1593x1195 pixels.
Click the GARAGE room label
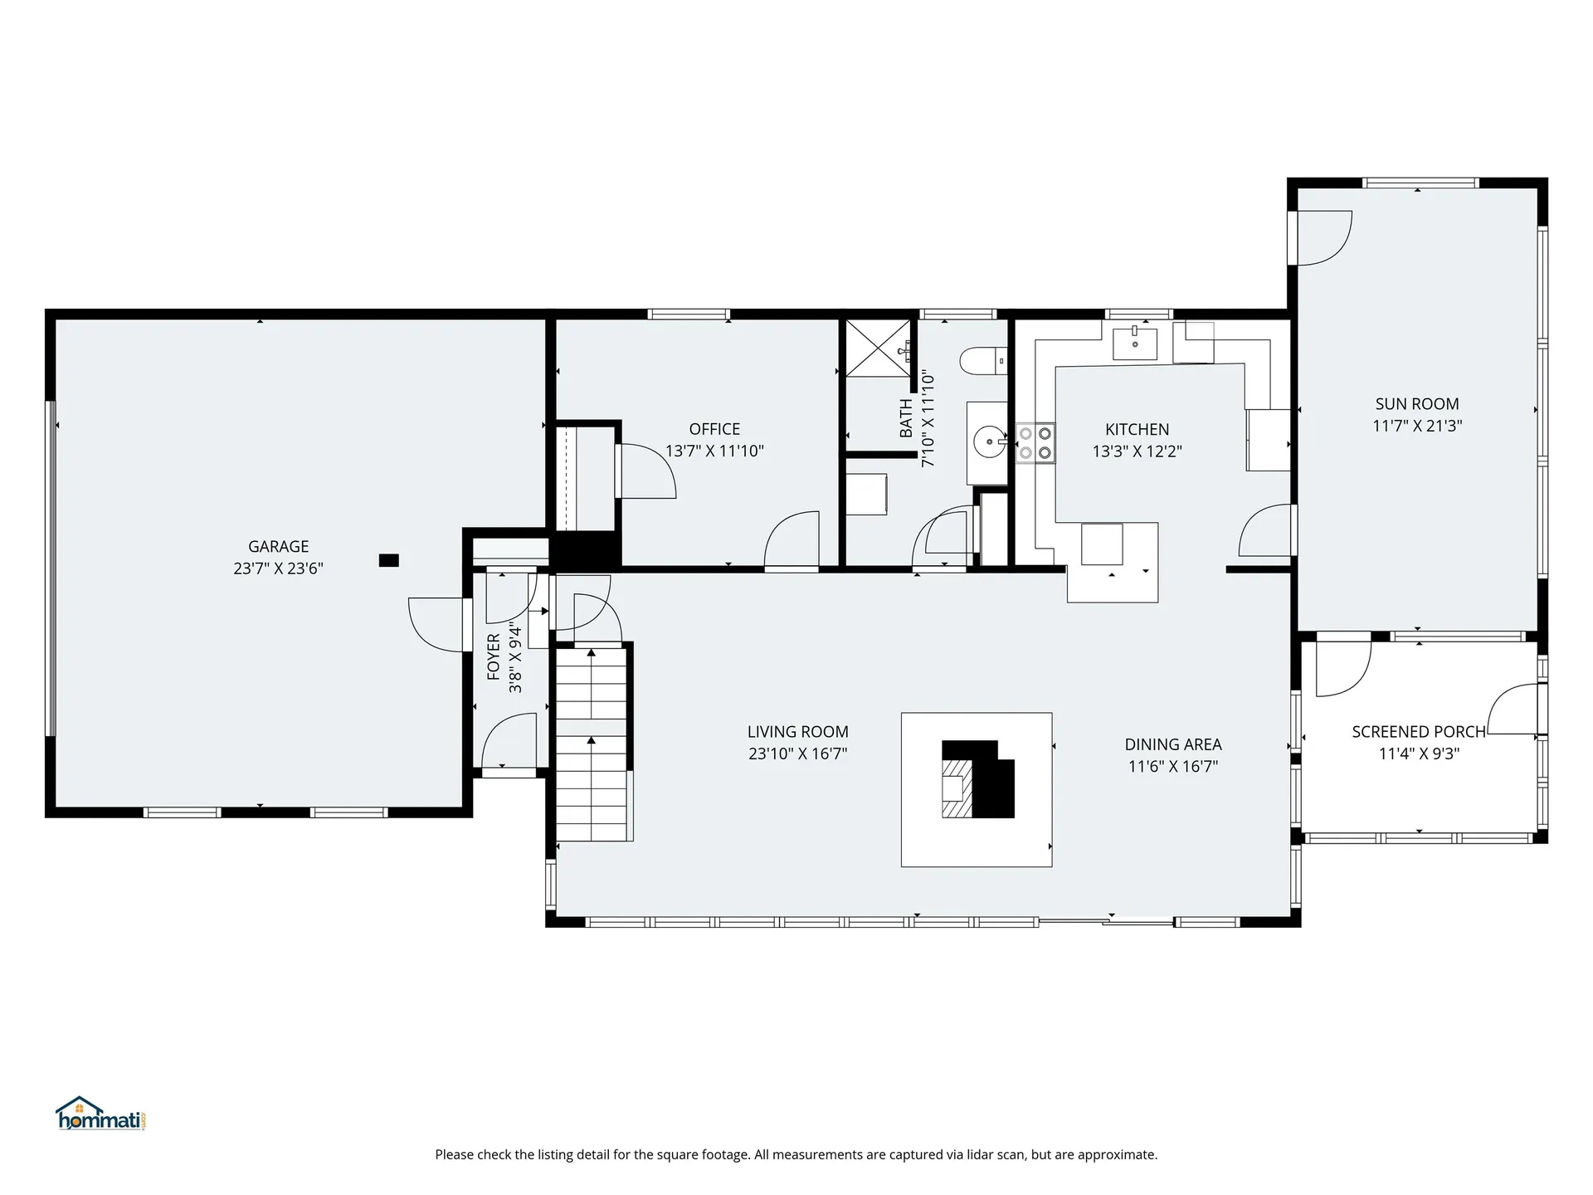[278, 546]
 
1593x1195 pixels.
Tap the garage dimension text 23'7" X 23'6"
[278, 568]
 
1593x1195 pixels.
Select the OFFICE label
[714, 429]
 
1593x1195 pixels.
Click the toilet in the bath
[982, 361]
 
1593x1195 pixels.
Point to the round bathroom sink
[989, 442]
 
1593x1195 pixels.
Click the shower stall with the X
[877, 349]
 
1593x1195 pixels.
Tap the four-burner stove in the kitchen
[1035, 442]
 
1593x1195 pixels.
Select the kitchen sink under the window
[1134, 342]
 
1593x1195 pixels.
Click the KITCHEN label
[1137, 429]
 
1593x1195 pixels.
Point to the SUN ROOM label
[1416, 404]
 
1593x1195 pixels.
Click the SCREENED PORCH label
[1418, 732]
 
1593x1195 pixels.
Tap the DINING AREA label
[1172, 744]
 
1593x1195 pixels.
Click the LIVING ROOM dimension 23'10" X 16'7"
[797, 754]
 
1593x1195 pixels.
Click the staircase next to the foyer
[591, 743]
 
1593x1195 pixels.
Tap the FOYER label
[494, 657]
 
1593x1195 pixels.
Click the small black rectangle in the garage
[388, 560]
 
